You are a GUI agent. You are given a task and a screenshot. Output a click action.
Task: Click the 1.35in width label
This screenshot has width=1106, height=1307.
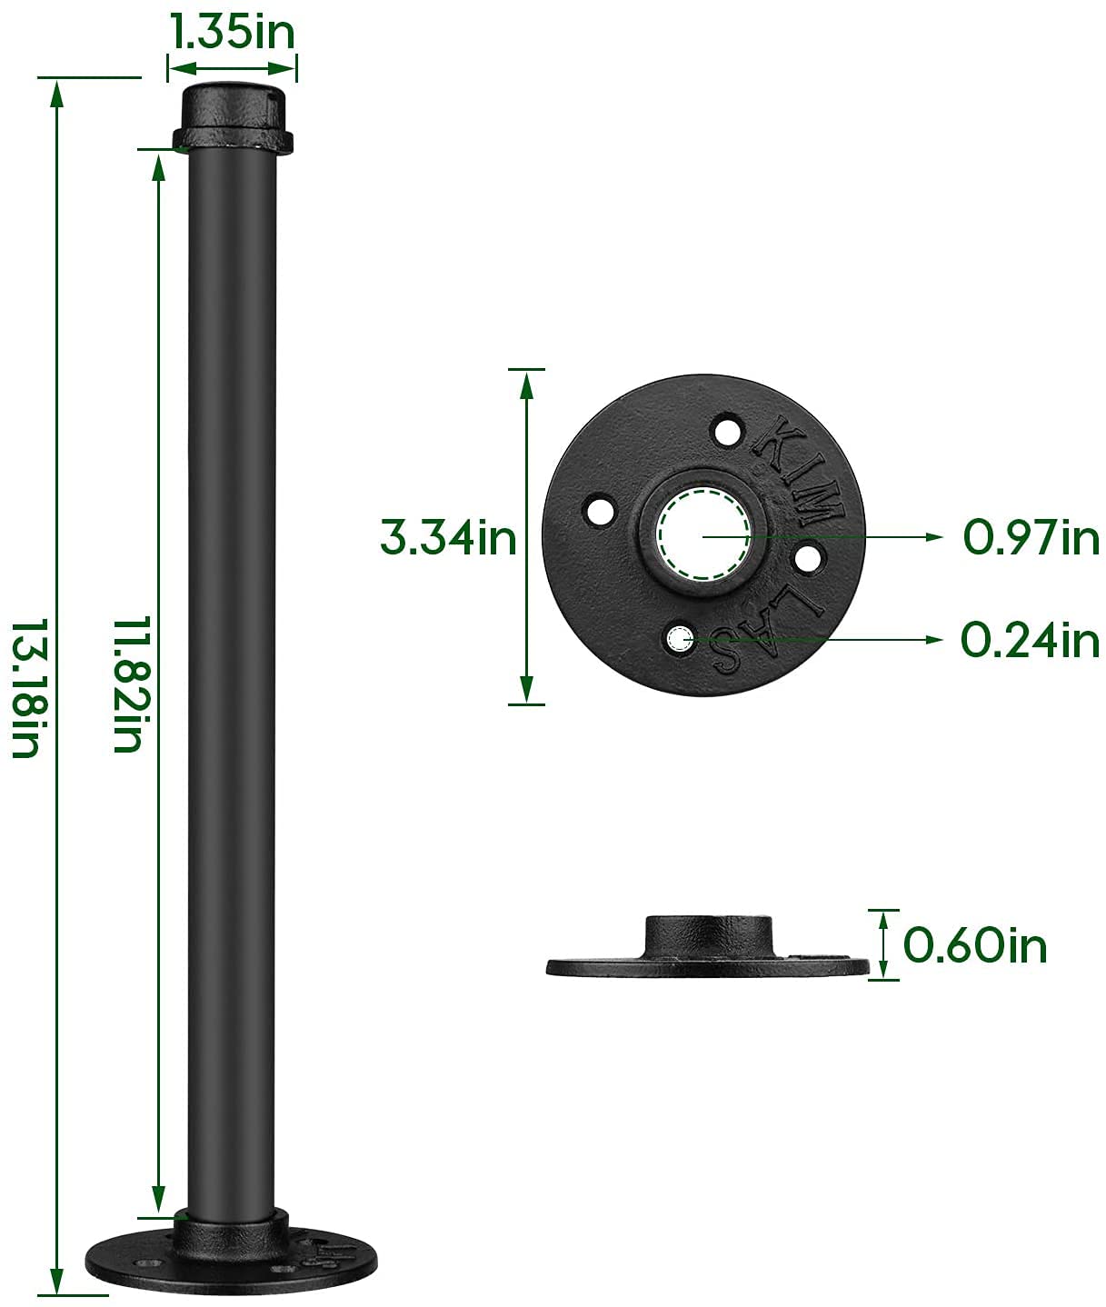[233, 33]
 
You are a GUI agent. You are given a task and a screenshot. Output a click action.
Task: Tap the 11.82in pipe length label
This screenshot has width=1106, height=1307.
[127, 684]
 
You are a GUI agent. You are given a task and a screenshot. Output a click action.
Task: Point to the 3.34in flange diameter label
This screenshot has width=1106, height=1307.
[447, 538]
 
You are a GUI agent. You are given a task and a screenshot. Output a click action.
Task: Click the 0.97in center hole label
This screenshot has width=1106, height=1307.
[1031, 538]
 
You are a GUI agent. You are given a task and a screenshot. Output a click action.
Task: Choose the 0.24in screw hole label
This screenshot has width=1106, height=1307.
[1030, 641]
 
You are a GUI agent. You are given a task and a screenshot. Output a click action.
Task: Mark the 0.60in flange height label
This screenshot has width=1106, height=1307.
[975, 945]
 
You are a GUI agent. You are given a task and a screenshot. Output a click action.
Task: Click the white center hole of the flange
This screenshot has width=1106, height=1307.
[703, 535]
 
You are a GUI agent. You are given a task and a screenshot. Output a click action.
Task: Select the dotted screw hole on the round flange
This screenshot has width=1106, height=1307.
[678, 639]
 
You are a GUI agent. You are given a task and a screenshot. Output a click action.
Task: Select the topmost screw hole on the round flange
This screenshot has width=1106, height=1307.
[727, 430]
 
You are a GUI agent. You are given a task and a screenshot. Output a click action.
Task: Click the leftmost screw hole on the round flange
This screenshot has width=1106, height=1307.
[599, 510]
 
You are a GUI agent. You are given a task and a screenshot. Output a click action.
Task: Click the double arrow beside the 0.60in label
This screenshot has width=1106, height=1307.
[882, 945]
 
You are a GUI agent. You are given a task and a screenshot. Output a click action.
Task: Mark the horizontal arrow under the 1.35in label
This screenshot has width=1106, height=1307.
[233, 66]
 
